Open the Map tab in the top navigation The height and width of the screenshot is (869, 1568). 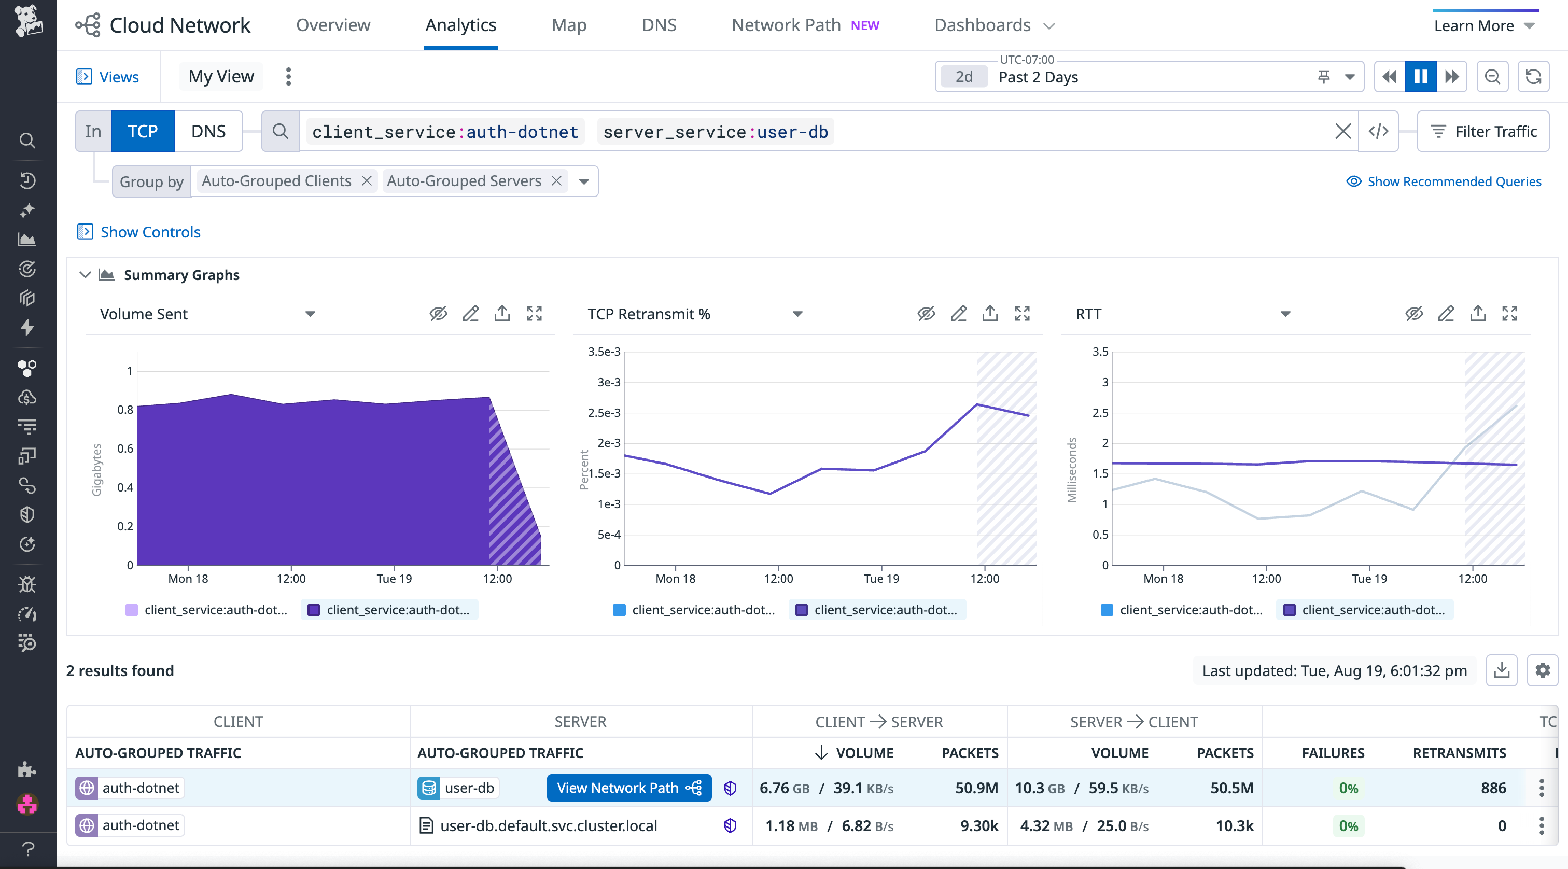click(x=568, y=25)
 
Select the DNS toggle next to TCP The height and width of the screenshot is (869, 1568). click(x=208, y=132)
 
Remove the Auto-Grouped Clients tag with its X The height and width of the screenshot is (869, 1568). click(x=367, y=181)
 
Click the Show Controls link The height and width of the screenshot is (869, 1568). click(x=150, y=232)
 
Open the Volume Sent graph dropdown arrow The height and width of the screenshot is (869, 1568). click(x=310, y=314)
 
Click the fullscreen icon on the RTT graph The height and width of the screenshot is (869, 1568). click(x=1509, y=314)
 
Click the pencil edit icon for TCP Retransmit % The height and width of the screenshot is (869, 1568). click(x=958, y=314)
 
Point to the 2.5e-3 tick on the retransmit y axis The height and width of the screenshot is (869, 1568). click(x=604, y=413)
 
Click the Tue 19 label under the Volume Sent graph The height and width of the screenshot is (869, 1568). click(x=394, y=578)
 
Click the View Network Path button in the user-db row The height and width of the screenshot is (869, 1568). click(x=629, y=788)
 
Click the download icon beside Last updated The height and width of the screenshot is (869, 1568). click(x=1501, y=670)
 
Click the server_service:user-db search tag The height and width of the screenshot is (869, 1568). click(x=715, y=132)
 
